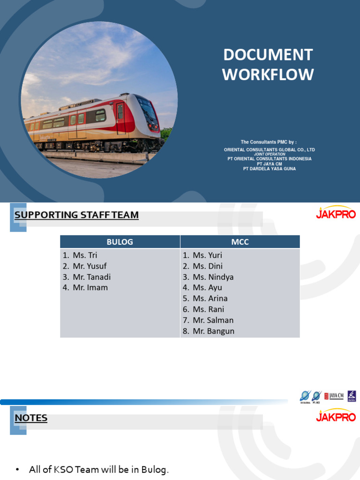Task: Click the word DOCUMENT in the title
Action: (x=268, y=55)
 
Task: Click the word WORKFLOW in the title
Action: (x=268, y=74)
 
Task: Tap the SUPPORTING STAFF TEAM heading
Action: (x=76, y=215)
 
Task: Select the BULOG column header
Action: (x=120, y=242)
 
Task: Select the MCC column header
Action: (x=240, y=242)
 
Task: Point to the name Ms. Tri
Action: (x=85, y=255)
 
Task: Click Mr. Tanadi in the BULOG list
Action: (x=91, y=277)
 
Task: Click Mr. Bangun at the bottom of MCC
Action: (x=213, y=331)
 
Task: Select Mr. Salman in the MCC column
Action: (x=213, y=320)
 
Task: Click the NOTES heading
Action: (x=31, y=418)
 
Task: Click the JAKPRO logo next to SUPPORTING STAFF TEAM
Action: (x=336, y=213)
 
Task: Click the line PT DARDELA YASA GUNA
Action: (x=269, y=169)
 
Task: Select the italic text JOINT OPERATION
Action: (x=269, y=154)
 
